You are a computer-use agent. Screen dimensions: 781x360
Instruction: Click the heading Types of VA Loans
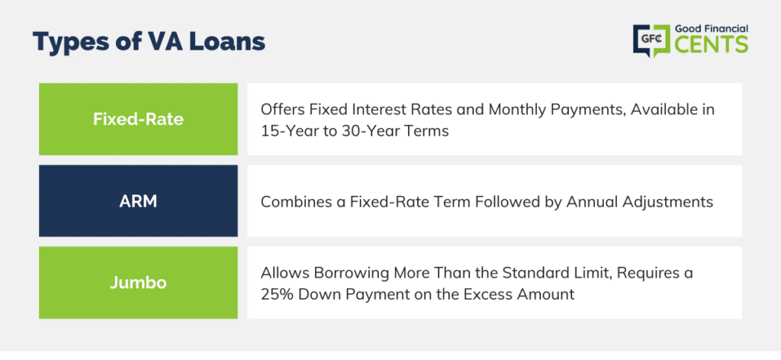149,42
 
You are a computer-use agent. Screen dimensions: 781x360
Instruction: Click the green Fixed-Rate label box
138,119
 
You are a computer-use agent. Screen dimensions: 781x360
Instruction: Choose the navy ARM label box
138,201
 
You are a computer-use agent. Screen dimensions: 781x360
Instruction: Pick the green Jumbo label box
138,282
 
